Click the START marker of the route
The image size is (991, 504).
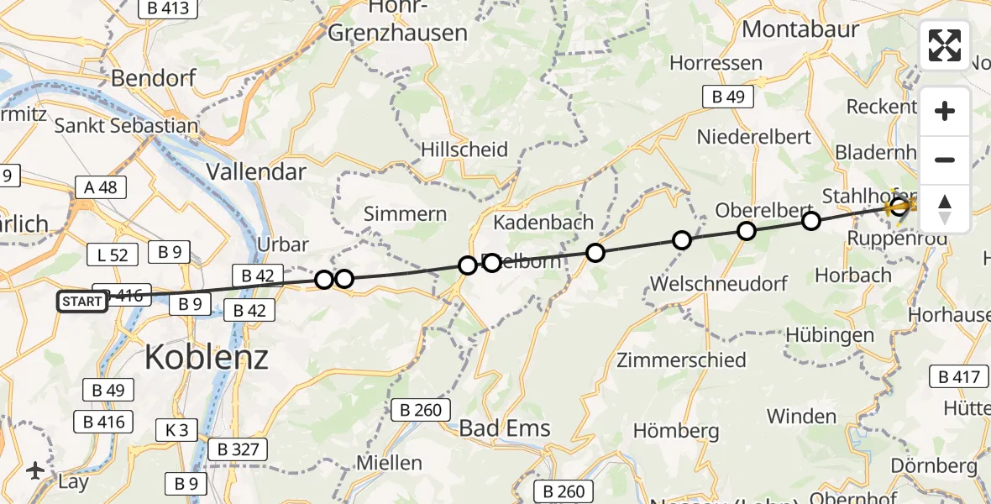pyautogui.click(x=82, y=301)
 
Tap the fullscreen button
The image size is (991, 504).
pyautogui.click(x=945, y=45)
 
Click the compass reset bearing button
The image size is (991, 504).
pyautogui.click(x=945, y=209)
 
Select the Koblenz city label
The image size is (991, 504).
pyautogui.click(x=207, y=357)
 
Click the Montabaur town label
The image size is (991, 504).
pyautogui.click(x=800, y=29)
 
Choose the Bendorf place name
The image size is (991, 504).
pyautogui.click(x=154, y=79)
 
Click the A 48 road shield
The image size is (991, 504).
pyautogui.click(x=100, y=187)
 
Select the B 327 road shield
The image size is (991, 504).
pyautogui.click(x=237, y=449)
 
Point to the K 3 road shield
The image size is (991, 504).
pyautogui.click(x=176, y=431)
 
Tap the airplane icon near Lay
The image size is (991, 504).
pyautogui.click(x=35, y=470)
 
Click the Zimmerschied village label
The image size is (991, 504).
pyautogui.click(x=681, y=360)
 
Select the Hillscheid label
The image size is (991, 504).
pyautogui.click(x=464, y=150)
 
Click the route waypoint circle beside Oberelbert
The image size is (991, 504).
pyautogui.click(x=746, y=230)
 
